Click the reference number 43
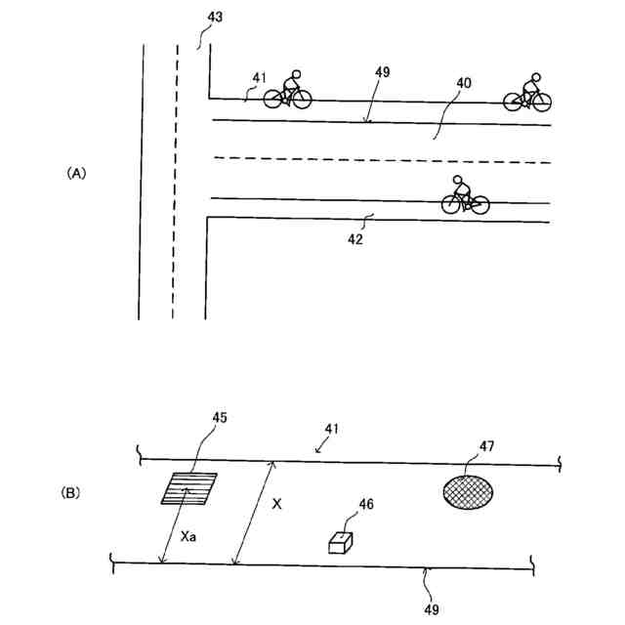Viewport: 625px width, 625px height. click(213, 20)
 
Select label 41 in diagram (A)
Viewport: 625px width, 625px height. click(258, 77)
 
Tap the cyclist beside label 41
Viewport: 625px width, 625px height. click(288, 90)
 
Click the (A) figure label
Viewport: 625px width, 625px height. click(77, 172)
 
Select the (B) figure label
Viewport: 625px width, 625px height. click(71, 494)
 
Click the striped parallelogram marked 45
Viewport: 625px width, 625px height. click(189, 488)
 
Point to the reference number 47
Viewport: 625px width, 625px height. click(485, 445)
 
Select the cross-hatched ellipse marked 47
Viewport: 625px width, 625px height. click(468, 490)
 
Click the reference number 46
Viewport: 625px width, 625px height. click(365, 504)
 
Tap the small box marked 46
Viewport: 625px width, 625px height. click(341, 543)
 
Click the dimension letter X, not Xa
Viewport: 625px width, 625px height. click(277, 504)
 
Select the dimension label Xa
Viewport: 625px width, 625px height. click(190, 536)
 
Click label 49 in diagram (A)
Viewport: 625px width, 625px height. click(382, 72)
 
